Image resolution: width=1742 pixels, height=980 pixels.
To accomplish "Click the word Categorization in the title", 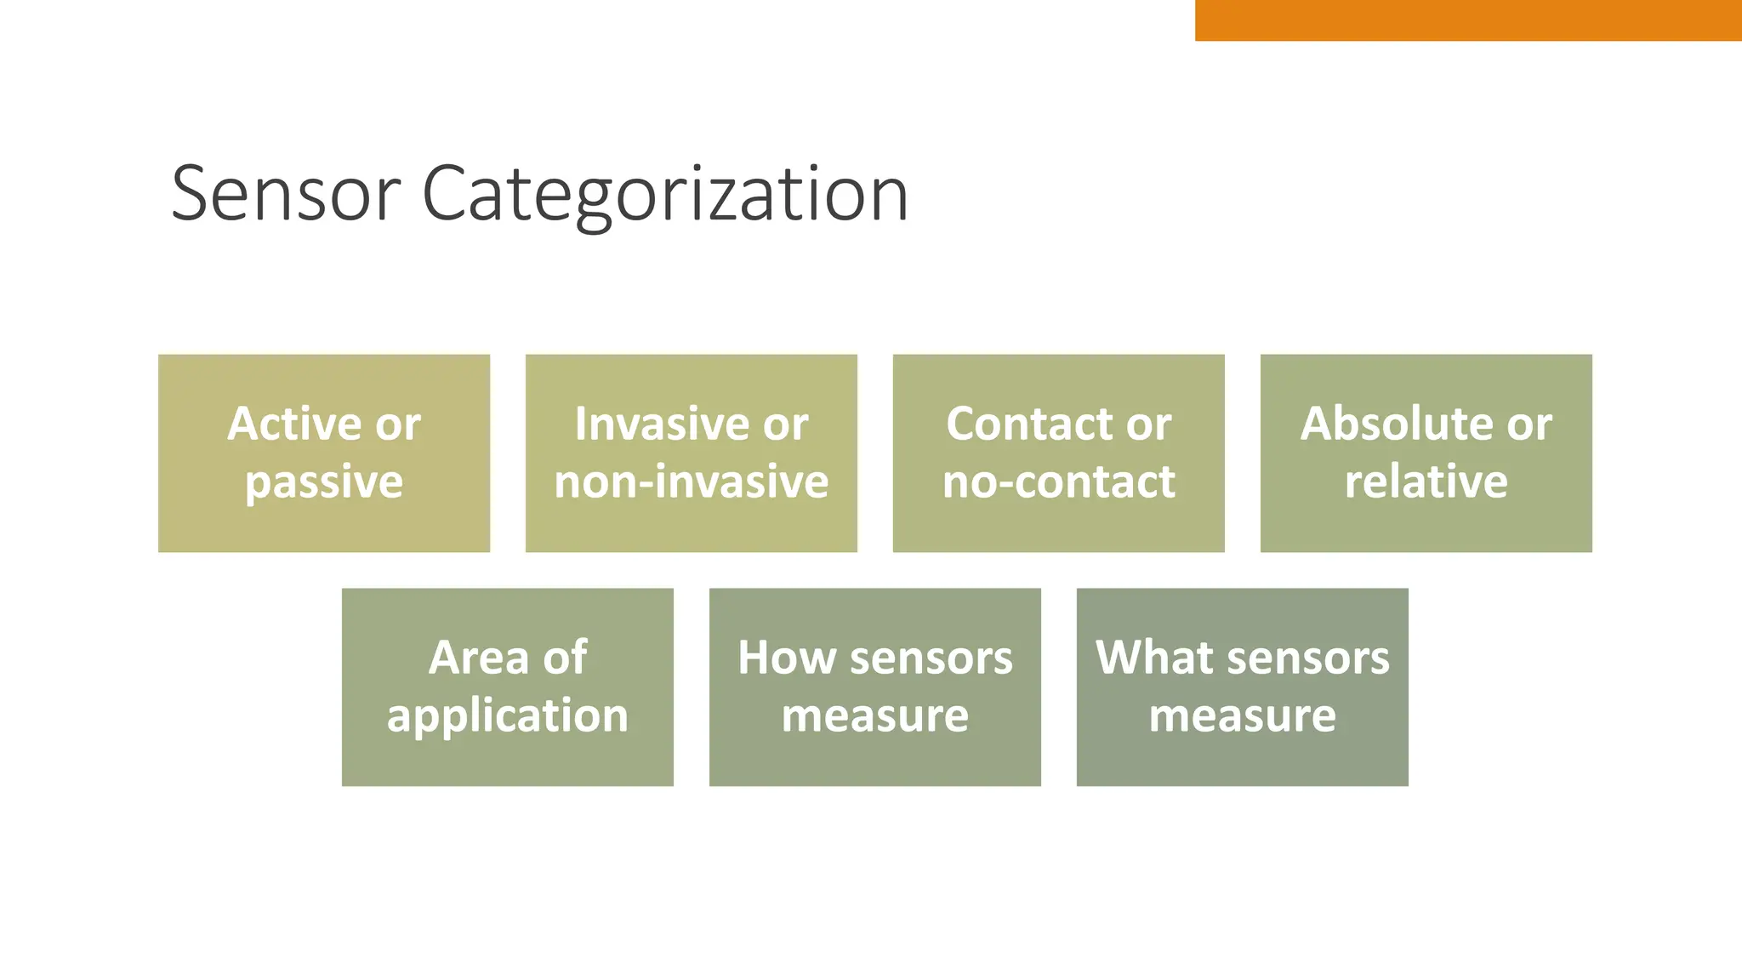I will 665,196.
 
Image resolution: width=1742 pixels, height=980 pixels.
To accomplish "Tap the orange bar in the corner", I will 1467,20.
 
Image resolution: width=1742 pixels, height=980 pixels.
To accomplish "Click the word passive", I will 324,482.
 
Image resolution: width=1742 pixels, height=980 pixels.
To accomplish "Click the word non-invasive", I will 691,481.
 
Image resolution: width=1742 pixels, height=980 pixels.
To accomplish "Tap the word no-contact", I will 1058,481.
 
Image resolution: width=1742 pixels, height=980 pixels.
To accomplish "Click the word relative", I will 1426,481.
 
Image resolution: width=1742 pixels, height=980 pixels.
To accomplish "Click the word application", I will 508,715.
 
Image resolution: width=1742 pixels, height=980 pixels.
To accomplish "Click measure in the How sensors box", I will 874,715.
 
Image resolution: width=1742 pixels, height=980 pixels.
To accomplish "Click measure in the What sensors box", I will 1242,715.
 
